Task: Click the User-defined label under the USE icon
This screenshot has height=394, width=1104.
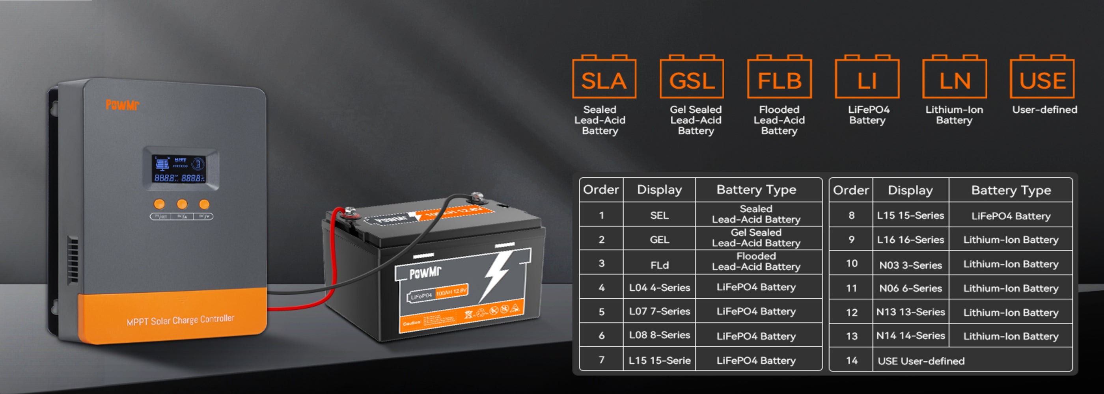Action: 1044,110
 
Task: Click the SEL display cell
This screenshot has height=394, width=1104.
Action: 659,215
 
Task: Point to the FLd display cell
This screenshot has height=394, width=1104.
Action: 659,265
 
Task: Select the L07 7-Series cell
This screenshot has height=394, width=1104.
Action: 659,311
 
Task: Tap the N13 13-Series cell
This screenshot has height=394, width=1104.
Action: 910,312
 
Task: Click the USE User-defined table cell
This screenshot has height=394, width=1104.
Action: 921,361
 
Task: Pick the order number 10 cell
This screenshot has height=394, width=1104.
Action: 851,263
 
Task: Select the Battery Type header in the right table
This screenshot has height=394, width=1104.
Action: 1011,190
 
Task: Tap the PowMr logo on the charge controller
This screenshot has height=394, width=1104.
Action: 122,104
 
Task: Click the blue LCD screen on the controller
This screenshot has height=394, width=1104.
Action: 179,169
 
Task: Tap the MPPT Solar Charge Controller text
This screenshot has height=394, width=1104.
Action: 180,320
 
